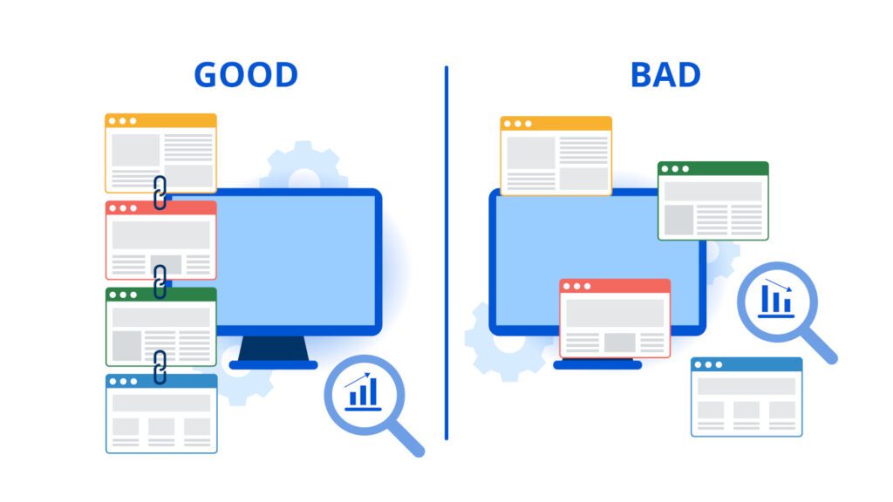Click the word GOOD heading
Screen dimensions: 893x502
tap(246, 75)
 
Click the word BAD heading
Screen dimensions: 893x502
tap(665, 75)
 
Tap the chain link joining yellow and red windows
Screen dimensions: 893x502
tap(160, 193)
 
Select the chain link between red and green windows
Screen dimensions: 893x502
tap(160, 282)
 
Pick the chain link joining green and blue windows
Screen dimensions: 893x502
tap(160, 367)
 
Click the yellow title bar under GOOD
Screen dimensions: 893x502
tap(160, 120)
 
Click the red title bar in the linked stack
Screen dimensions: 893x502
tap(161, 207)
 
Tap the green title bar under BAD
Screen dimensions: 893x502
tap(713, 168)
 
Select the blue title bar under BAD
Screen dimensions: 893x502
tap(746, 364)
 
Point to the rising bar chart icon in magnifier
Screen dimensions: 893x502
tap(363, 391)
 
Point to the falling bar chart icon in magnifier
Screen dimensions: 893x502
tap(775, 298)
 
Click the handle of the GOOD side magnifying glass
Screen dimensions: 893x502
tap(407, 439)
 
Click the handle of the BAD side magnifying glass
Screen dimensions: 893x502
tap(820, 346)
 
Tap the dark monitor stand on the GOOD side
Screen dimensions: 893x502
tap(273, 348)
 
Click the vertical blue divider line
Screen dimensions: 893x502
tap(446, 253)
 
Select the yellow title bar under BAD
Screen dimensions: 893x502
tap(556, 124)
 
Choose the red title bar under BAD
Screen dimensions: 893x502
tap(615, 286)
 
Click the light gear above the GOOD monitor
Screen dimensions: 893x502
tap(303, 165)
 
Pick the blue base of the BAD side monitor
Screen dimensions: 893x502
tap(597, 365)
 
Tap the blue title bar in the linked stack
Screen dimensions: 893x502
tap(161, 381)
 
